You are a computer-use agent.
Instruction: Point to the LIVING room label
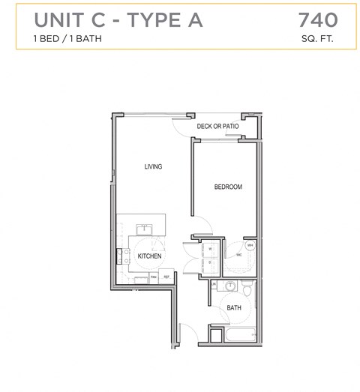[153, 166]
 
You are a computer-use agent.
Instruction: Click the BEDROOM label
[228, 187]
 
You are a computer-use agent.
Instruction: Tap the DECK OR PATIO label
[217, 127]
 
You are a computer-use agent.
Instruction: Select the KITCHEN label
[149, 256]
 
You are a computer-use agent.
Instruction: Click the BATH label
[234, 307]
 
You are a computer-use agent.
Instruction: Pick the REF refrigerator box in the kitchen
[167, 277]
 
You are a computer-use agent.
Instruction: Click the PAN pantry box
[153, 277]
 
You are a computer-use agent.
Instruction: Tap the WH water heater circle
[250, 245]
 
